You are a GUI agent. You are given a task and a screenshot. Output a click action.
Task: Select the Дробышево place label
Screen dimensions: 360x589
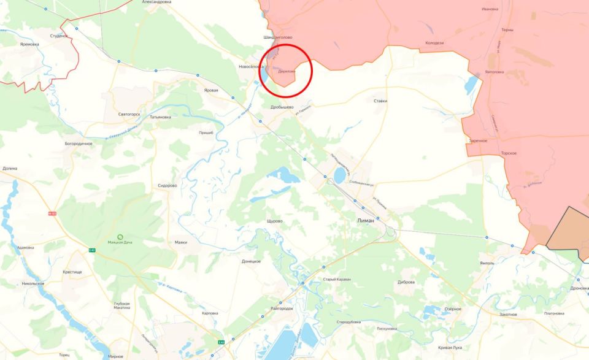[282, 107]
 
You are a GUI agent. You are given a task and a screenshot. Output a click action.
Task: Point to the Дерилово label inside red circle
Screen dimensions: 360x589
[287, 72]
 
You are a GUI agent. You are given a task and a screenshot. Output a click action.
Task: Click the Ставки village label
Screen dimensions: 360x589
[380, 101]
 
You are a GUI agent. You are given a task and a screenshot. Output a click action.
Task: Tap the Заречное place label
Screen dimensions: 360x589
[478, 140]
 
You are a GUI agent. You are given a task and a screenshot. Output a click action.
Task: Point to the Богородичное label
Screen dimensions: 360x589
[79, 143]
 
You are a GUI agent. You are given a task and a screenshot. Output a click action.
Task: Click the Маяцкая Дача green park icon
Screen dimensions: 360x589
[120, 237]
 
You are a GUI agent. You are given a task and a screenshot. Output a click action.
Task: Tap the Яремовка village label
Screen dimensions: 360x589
[29, 44]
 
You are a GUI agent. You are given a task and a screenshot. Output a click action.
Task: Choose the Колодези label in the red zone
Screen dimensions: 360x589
[434, 43]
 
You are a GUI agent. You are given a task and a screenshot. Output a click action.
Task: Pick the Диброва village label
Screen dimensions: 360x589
[406, 282]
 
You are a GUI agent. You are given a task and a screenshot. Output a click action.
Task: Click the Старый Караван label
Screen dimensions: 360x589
[337, 280]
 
